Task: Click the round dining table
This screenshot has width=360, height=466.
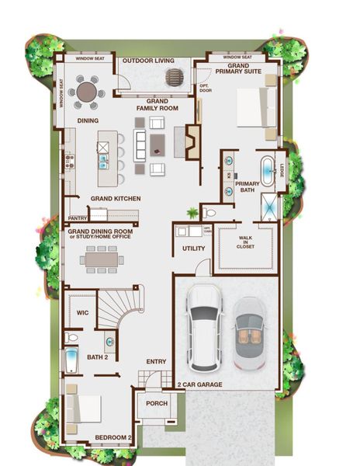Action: pyautogui.click(x=87, y=93)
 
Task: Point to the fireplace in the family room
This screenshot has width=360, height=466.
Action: pyautogui.click(x=191, y=141)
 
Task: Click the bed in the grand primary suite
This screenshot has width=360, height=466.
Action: pyautogui.click(x=253, y=107)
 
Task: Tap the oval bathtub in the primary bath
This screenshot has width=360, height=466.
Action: pyautogui.click(x=266, y=172)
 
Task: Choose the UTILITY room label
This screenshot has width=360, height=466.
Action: pyautogui.click(x=193, y=249)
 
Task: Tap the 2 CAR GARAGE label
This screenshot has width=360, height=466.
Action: pyautogui.click(x=201, y=385)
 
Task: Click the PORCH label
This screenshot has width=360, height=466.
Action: pyautogui.click(x=157, y=404)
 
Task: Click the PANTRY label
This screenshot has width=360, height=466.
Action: pyautogui.click(x=78, y=218)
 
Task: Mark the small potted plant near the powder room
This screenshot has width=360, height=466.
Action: pyautogui.click(x=192, y=212)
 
